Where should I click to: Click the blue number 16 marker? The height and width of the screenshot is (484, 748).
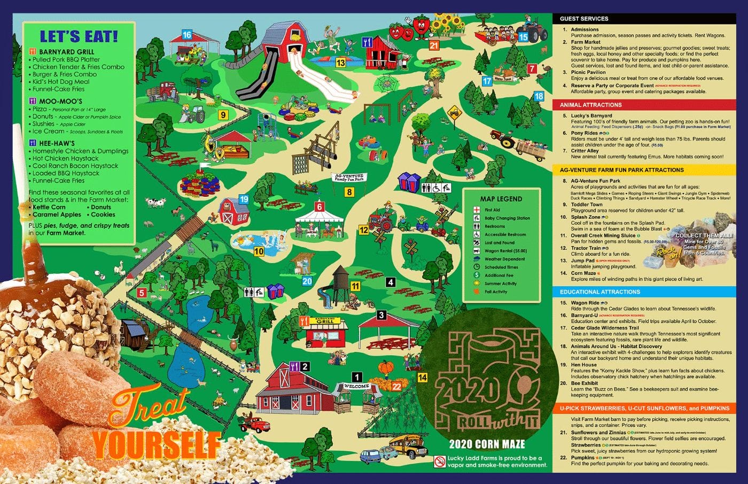coord(186,35)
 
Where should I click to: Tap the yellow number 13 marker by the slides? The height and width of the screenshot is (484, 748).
coord(340,63)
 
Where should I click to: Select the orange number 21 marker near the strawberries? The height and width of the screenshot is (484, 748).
coord(434,46)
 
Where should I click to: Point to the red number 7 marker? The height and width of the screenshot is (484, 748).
coord(532,69)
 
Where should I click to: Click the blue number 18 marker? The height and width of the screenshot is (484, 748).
coord(539,97)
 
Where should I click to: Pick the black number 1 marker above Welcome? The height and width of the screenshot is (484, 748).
coord(357,377)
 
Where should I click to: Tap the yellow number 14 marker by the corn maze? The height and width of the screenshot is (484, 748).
coord(422,378)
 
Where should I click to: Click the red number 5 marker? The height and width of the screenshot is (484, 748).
coord(142,293)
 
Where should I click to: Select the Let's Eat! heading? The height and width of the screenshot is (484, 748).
coord(79,36)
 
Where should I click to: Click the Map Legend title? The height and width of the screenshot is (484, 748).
coord(501,199)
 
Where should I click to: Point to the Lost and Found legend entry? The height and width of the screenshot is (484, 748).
coord(499,243)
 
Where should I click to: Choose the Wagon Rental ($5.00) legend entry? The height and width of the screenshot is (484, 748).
coord(505,251)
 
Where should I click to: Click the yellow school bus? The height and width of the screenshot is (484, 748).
coord(408,445)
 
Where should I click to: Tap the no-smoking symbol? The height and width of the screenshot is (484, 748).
coord(439,461)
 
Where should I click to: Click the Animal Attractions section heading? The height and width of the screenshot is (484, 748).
coord(590,105)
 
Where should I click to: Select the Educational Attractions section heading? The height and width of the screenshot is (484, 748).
coord(599,292)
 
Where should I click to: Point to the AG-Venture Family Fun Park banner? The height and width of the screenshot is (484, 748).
coord(348,177)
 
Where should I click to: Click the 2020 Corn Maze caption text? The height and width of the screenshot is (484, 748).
coord(487,444)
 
